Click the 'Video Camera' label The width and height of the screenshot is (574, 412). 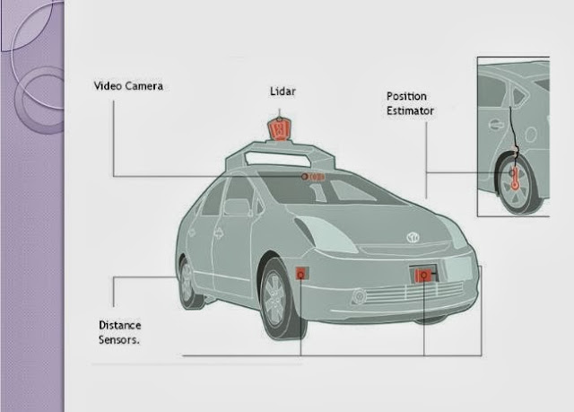(x=128, y=86)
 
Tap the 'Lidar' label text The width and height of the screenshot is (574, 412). (x=283, y=92)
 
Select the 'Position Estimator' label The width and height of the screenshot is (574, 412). (x=410, y=103)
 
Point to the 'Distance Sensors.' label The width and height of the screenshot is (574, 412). (x=119, y=332)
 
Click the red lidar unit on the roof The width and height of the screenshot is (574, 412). (x=280, y=129)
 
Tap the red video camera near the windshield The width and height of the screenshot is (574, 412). (x=313, y=177)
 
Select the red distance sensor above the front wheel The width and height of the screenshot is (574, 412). (x=301, y=274)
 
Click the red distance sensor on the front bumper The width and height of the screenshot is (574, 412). (x=422, y=275)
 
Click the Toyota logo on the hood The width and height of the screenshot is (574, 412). (x=413, y=238)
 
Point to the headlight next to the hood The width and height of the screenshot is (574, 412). (x=326, y=233)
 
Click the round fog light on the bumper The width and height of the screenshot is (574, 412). (x=359, y=296)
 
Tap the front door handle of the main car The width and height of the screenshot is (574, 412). (x=219, y=232)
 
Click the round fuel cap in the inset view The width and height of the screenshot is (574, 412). (x=531, y=135)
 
